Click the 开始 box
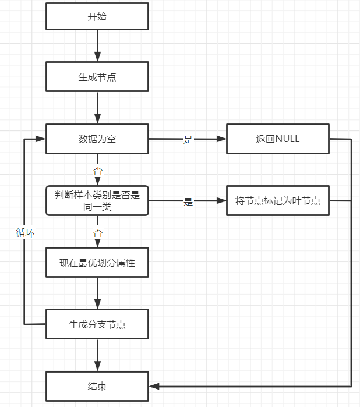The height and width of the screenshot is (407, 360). click(97, 17)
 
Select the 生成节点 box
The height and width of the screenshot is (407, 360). click(97, 77)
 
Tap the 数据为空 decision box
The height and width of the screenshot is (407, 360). click(97, 139)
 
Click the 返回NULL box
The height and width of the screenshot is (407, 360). click(278, 139)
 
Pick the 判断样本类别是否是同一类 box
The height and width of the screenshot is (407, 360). click(97, 201)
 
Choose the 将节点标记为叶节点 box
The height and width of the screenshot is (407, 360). click(278, 201)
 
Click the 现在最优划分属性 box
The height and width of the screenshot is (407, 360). click(97, 263)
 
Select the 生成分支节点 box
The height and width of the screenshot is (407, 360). click(97, 324)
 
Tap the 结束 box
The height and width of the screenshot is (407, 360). click(97, 386)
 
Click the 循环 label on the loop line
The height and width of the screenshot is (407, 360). click(25, 232)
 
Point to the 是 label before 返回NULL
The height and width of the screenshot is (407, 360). click(188, 140)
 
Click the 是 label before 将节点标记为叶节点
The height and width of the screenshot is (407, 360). click(188, 201)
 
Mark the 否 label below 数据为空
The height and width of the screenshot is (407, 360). click(97, 171)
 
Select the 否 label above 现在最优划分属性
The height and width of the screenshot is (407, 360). click(97, 232)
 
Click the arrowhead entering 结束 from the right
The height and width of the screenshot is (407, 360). click(154, 386)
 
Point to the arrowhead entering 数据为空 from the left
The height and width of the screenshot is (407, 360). click(41, 139)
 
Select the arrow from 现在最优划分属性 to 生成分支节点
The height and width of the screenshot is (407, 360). click(97, 293)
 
